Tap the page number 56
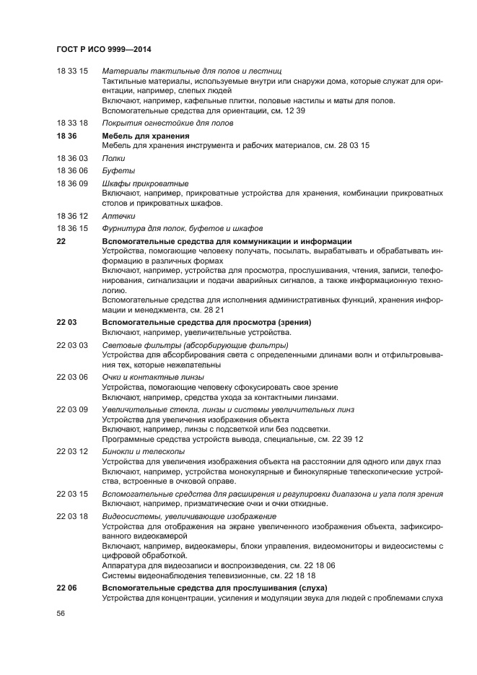point(61,613)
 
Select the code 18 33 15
point(71,71)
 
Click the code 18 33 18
point(71,123)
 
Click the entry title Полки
point(113,158)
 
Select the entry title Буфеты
point(117,170)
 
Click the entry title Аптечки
point(118,216)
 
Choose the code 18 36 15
point(71,228)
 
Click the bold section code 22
point(61,241)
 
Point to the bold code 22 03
point(66,322)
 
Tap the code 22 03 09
point(71,409)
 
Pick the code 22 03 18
point(71,516)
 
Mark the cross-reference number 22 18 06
point(318,566)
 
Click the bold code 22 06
point(66,588)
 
